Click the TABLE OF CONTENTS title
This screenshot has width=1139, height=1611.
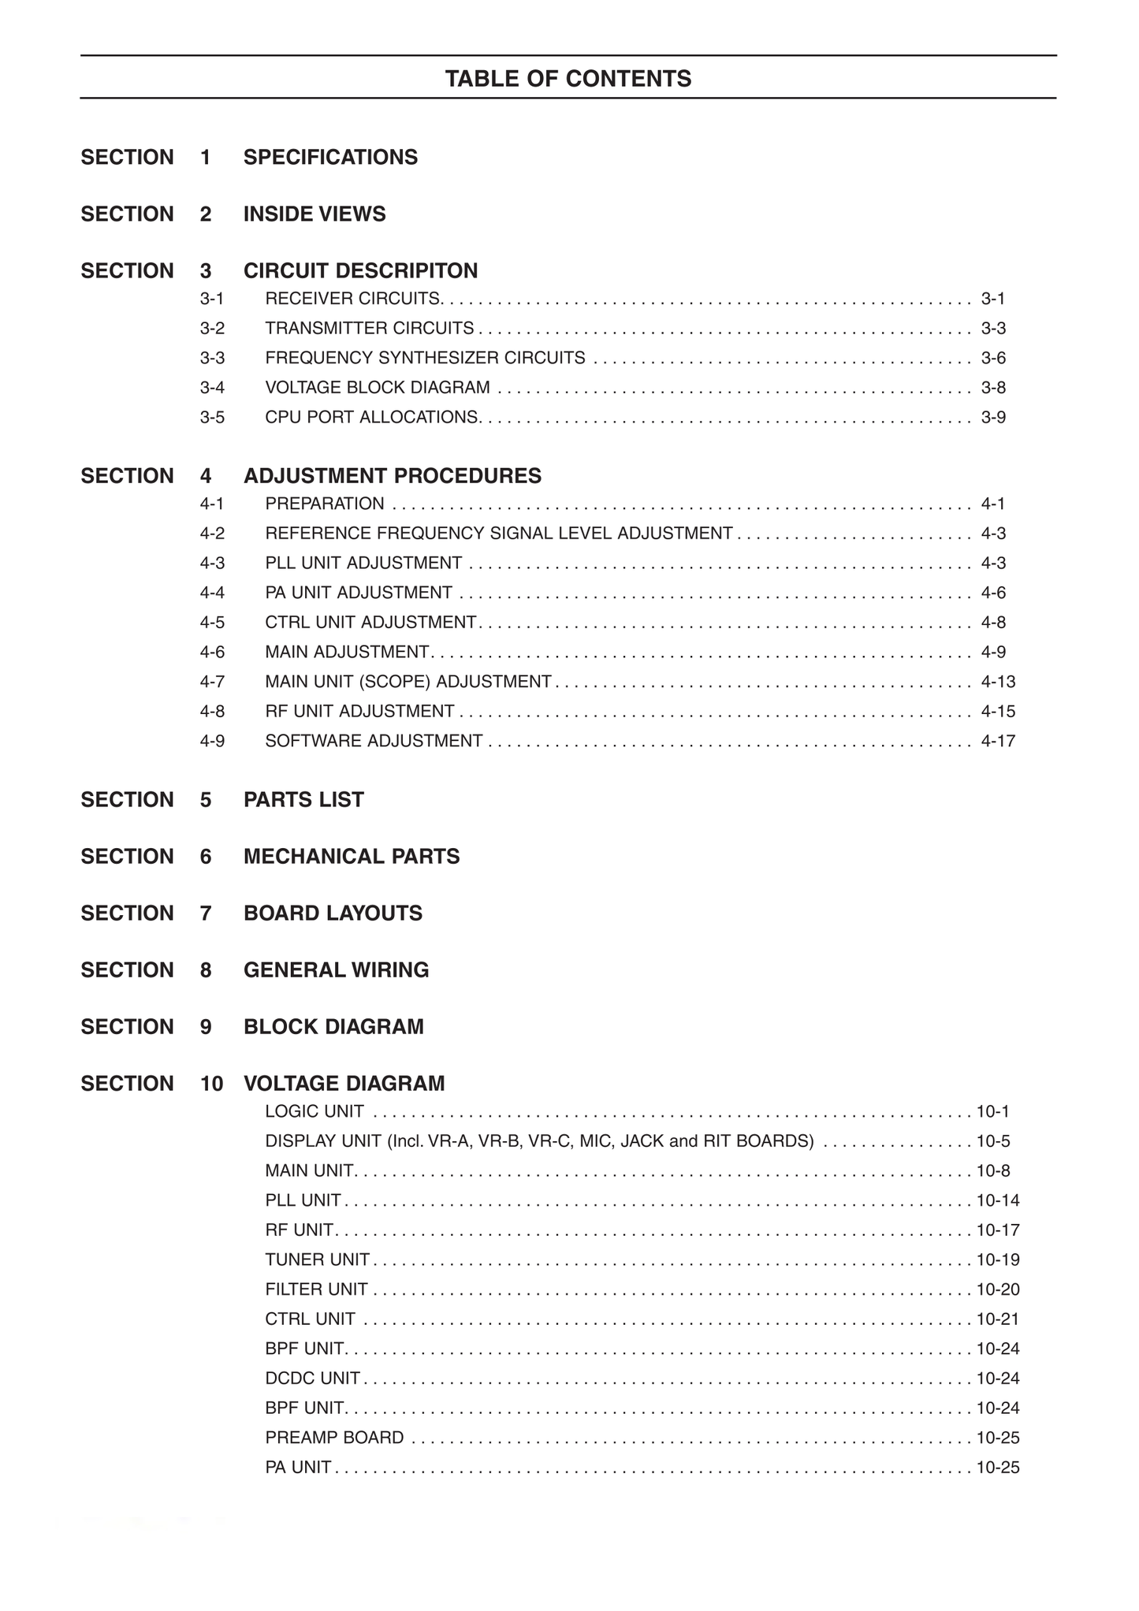coord(568,79)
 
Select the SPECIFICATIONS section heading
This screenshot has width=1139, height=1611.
coord(330,158)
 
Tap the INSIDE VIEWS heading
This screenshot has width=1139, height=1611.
coord(315,214)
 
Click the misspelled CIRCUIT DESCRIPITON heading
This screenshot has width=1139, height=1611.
coord(360,271)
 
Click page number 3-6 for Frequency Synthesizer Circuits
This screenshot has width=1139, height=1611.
coord(993,359)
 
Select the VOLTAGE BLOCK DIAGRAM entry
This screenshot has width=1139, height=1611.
coord(378,388)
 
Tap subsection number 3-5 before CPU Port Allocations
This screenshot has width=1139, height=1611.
coord(212,418)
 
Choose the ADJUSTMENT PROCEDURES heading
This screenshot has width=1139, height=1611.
coord(392,476)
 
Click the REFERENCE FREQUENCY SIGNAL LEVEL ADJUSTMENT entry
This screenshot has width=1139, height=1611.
coord(498,534)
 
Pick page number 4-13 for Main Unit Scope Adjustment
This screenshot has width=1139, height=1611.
coord(998,682)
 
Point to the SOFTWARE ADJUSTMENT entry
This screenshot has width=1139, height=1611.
coord(374,742)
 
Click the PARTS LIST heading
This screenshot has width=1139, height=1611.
coord(303,800)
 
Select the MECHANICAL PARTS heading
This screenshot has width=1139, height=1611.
coord(352,857)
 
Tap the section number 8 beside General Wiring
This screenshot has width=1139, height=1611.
coord(206,970)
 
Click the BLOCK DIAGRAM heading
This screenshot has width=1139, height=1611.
coord(333,1027)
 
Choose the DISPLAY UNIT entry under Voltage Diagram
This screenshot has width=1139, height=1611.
coord(539,1141)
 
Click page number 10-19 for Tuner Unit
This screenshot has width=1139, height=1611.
coord(998,1260)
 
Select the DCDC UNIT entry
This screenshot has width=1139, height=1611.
coord(312,1378)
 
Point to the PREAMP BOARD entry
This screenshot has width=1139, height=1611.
coord(334,1438)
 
